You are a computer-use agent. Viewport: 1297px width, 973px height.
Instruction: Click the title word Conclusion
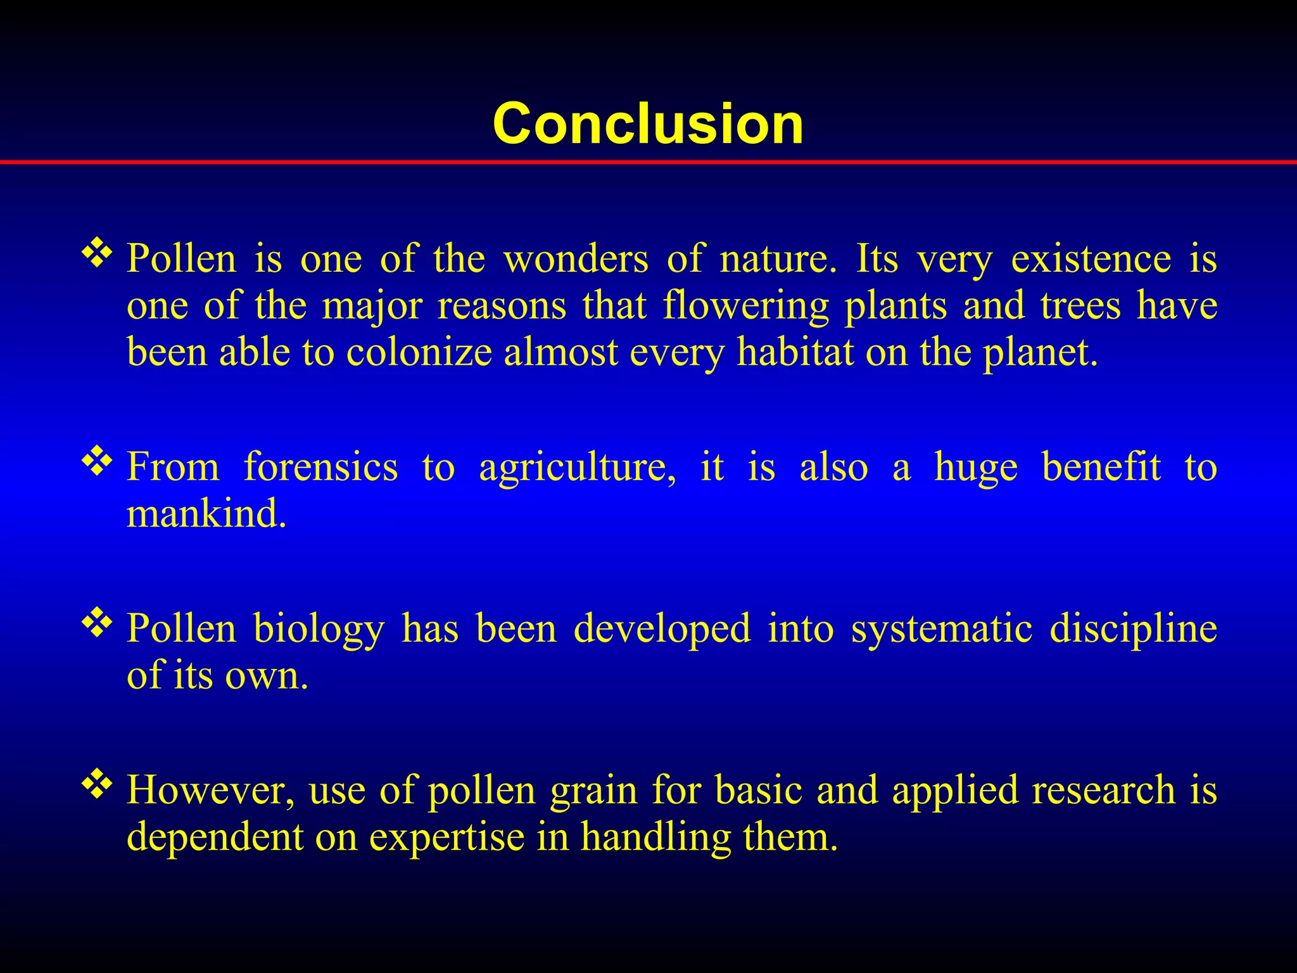point(648,124)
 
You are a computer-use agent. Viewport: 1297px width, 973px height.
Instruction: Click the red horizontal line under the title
point(648,163)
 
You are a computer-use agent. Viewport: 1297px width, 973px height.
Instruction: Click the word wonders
point(576,259)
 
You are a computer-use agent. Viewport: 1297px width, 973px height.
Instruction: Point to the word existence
point(1091,259)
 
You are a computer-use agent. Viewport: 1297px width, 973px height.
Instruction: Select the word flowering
point(745,307)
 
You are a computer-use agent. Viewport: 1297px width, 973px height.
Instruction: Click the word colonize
point(419,352)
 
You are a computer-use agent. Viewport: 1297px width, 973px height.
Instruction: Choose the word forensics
point(321,467)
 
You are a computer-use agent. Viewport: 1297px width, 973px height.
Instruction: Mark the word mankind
point(206,514)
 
